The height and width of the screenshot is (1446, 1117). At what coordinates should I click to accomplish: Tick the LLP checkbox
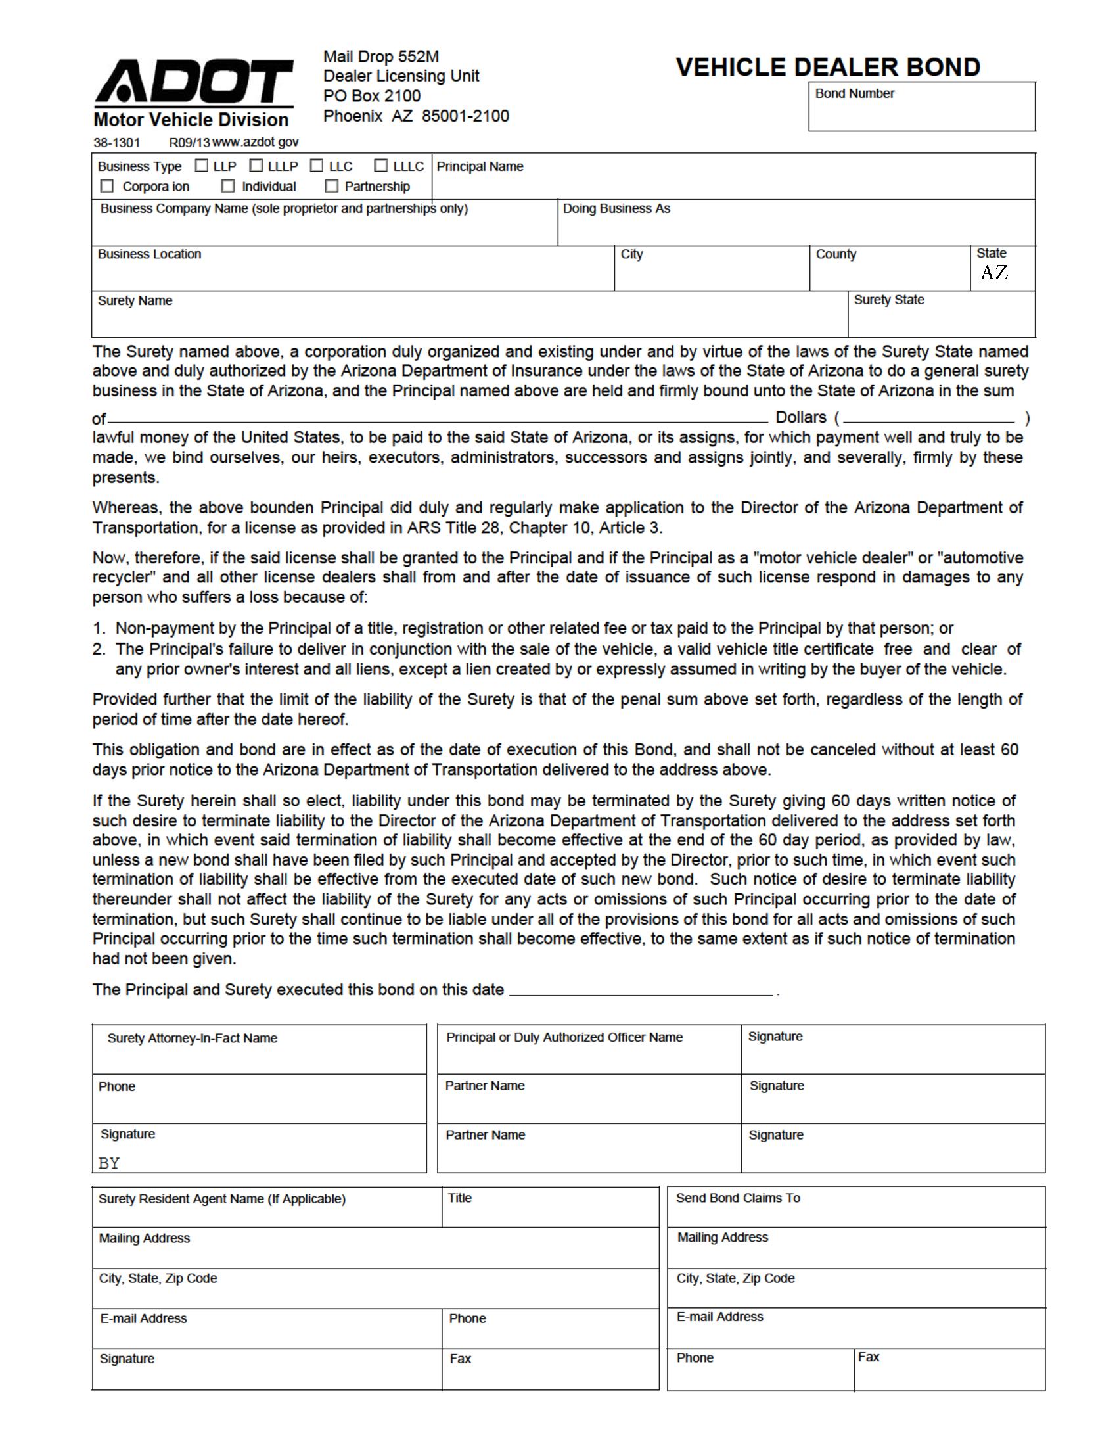202,166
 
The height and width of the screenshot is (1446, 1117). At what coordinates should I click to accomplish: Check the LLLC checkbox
381,166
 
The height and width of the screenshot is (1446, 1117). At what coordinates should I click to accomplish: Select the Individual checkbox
228,186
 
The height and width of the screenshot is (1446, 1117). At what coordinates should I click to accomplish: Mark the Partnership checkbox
332,186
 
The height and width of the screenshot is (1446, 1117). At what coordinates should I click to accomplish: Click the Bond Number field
921,112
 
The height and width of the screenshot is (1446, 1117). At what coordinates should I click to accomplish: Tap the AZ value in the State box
994,273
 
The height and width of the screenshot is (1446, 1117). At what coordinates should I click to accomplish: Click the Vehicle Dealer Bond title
828,67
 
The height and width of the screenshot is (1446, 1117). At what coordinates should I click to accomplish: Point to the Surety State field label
889,300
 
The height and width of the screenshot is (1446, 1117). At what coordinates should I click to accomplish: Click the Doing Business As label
616,208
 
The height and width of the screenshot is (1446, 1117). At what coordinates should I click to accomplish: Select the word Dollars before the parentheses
801,417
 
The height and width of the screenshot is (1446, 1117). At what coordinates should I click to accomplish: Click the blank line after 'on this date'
641,991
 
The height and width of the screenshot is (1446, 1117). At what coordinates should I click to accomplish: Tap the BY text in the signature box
109,1163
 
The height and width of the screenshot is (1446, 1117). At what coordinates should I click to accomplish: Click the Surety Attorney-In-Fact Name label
192,1038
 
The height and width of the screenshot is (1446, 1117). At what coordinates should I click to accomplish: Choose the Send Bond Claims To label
738,1198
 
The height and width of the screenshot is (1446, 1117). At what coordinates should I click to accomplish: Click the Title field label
459,1198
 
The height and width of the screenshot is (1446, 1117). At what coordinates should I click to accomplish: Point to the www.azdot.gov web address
256,143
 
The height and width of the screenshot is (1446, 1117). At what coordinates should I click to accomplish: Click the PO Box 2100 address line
372,96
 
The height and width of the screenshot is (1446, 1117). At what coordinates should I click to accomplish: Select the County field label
836,254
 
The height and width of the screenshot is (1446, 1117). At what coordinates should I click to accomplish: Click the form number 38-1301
116,143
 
